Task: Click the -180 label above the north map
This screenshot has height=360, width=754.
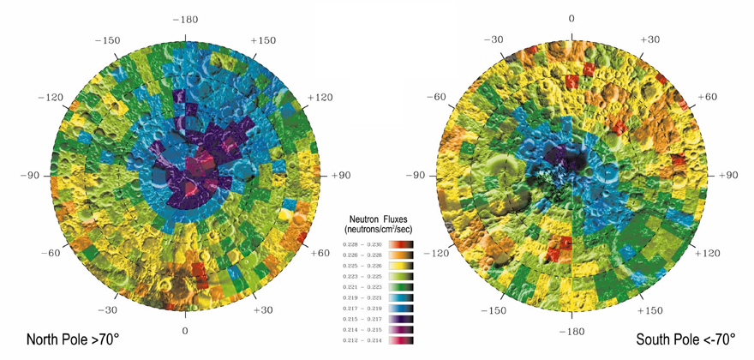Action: click(185, 18)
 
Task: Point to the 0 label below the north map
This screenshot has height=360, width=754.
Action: click(185, 330)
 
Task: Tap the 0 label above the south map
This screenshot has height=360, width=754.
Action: click(571, 18)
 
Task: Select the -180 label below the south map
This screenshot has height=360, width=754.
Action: click(571, 330)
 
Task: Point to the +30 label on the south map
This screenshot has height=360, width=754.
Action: click(650, 40)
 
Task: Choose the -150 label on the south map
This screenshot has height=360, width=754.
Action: click(493, 309)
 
